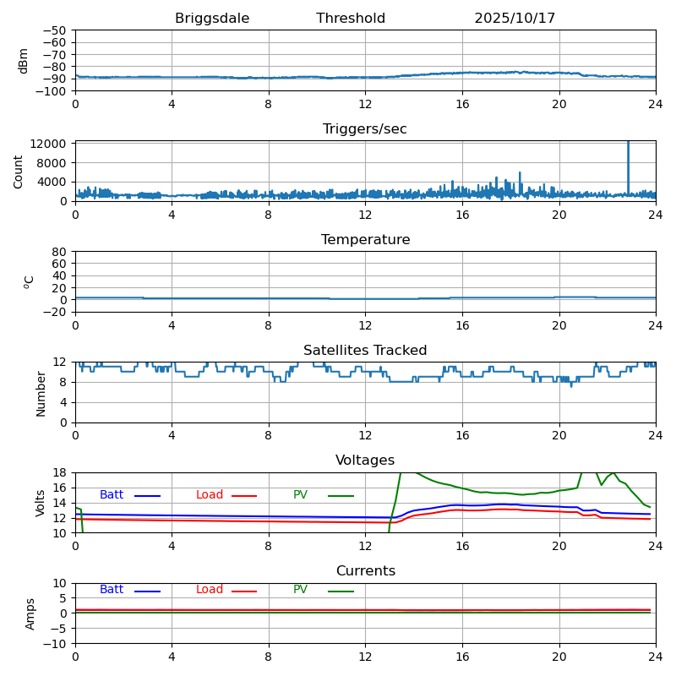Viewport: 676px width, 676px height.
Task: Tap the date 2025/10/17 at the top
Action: coord(515,19)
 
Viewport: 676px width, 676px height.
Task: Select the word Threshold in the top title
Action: coord(351,19)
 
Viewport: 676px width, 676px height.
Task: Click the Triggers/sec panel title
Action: coord(365,129)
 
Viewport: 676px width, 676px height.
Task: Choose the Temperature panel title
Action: coord(365,240)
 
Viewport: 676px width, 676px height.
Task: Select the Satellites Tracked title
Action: coord(365,351)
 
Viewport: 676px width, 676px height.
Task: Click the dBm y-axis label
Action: coord(24,60)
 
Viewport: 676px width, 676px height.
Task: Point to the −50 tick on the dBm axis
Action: coord(54,30)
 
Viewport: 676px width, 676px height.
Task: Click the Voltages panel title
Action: coord(365,461)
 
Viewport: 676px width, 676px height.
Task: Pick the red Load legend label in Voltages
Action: coord(210,495)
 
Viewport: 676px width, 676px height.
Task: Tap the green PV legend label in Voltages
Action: coord(300,495)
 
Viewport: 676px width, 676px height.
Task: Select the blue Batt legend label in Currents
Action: coord(112,590)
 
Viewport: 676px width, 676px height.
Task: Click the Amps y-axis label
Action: coord(30,613)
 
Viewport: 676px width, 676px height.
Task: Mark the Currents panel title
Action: coord(365,571)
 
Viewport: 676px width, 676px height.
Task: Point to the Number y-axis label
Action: coord(41,393)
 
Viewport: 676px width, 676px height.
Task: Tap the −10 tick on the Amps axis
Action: coord(54,644)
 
